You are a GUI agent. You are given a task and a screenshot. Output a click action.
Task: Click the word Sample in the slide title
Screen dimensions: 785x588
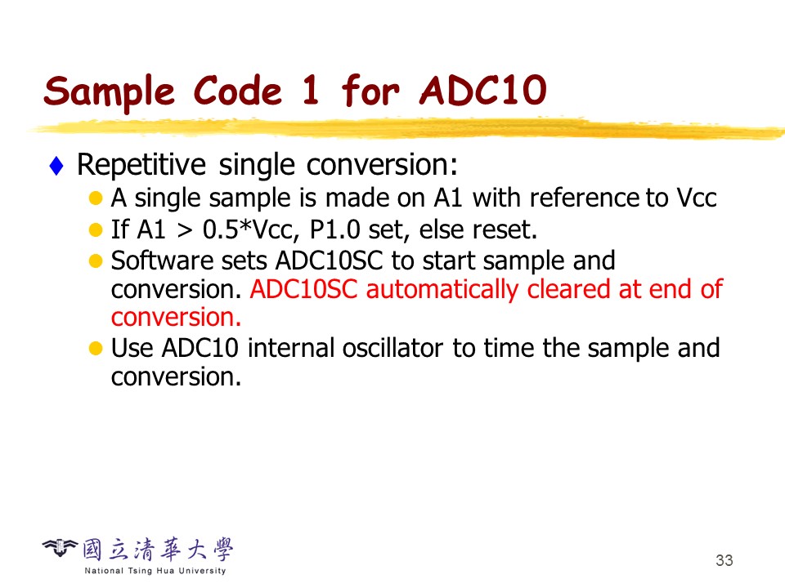(x=109, y=91)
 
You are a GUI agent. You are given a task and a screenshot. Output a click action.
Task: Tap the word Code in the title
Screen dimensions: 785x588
(x=238, y=91)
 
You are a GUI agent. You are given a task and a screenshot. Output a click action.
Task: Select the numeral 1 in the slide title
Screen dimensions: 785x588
(x=311, y=90)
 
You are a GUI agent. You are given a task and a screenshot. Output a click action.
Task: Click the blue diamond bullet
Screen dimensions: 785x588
(x=56, y=166)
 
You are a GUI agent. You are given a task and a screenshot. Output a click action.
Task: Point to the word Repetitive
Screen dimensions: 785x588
(x=141, y=164)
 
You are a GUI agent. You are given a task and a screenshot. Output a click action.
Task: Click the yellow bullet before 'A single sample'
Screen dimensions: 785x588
(x=95, y=198)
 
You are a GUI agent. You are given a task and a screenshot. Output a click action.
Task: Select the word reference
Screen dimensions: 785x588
(x=584, y=198)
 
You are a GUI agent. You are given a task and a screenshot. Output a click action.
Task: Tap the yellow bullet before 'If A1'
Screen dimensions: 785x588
(x=95, y=230)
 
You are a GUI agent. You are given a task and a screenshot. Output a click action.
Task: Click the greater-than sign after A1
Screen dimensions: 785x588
(x=185, y=231)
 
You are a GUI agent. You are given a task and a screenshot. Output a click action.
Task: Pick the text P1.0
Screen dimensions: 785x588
(x=335, y=229)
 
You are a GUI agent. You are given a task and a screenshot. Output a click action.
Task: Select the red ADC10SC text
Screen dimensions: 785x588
(x=304, y=289)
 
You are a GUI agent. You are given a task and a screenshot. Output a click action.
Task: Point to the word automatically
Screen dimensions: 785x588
(x=442, y=290)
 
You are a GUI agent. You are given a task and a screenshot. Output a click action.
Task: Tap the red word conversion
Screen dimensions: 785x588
(x=177, y=318)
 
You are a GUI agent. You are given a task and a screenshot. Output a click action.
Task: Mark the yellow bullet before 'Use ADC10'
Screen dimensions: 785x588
(x=95, y=348)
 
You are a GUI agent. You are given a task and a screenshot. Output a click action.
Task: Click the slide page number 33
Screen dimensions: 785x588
(x=724, y=560)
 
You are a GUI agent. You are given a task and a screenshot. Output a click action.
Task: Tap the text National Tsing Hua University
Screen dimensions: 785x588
(x=155, y=571)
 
